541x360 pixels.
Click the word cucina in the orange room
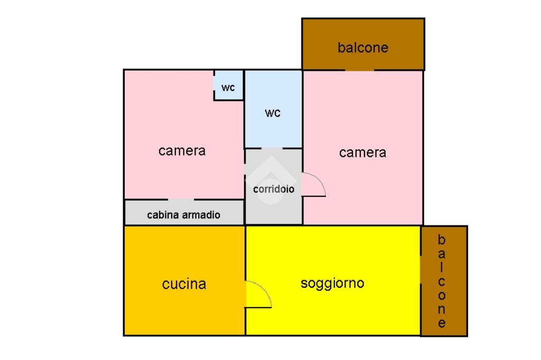[x=184, y=285]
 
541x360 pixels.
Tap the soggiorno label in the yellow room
[x=332, y=283]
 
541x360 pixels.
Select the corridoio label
[x=274, y=190]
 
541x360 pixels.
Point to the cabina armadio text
[x=183, y=215]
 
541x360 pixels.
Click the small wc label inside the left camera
[x=228, y=88]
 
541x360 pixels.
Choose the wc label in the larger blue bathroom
[x=273, y=113]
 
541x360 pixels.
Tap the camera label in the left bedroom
[x=182, y=151]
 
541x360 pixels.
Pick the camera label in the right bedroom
[x=362, y=153]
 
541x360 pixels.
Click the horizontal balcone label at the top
[x=363, y=48]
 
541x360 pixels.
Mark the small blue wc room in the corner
[x=228, y=84]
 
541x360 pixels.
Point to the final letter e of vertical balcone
[x=442, y=323]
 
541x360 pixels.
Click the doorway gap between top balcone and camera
[x=359, y=70]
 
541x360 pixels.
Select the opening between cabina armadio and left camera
[x=181, y=200]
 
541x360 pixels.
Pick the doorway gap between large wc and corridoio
[x=272, y=148]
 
